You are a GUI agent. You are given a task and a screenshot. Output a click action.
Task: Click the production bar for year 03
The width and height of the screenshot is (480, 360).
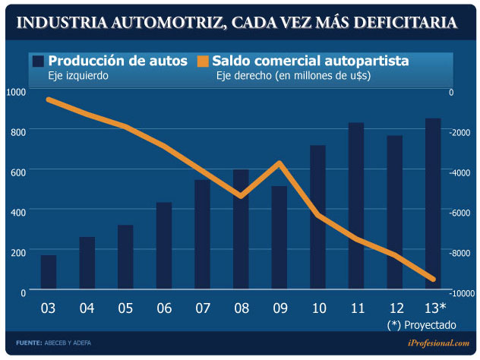(49, 272)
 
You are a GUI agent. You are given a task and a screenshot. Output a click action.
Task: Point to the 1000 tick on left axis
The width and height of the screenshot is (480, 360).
(15, 92)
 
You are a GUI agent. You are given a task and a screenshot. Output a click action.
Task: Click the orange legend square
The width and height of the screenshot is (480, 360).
(203, 61)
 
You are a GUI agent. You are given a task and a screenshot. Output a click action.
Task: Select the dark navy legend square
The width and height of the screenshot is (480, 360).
(37, 61)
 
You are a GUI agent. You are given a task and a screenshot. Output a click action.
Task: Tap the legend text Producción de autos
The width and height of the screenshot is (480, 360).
(118, 61)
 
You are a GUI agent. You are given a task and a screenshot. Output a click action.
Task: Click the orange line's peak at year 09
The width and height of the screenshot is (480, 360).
(280, 163)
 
